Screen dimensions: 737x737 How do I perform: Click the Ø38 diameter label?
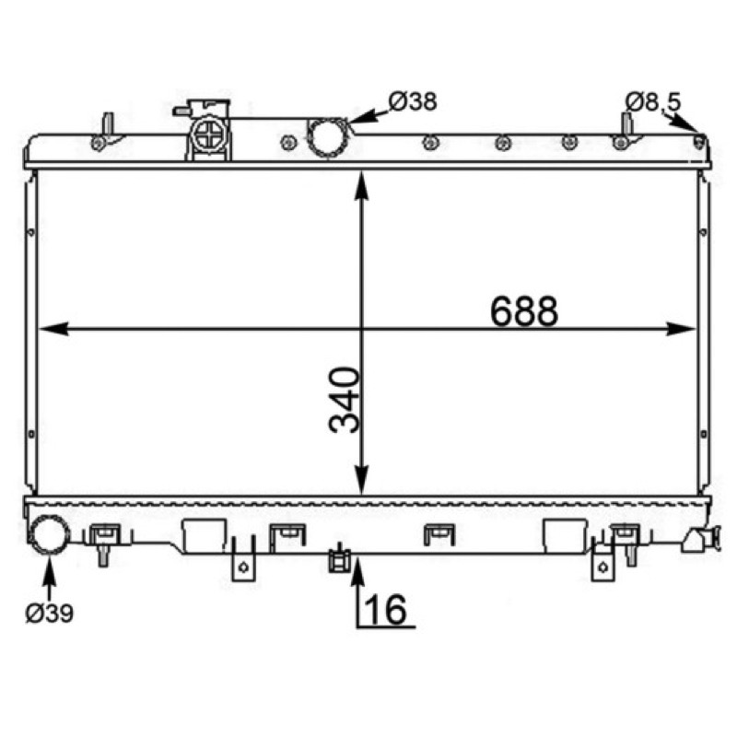point(413,101)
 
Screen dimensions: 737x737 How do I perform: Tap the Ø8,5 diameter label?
point(652,102)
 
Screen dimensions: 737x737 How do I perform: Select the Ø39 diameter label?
point(50,613)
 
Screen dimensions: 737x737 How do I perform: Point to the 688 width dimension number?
point(524,311)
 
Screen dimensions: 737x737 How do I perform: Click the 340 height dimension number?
point(345,400)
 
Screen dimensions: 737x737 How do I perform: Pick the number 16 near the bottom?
point(385,610)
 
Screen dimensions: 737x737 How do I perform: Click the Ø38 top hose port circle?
point(328,138)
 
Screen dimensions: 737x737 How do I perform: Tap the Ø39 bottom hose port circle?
point(49,535)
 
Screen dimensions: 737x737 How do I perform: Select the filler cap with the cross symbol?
point(210,135)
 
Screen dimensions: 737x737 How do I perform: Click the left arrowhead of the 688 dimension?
point(52,329)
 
